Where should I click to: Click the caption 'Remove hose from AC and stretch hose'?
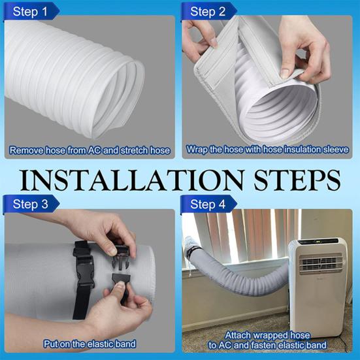click(90, 151)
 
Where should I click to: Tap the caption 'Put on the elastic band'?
click(90, 343)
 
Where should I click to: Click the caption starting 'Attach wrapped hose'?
click(269, 338)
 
